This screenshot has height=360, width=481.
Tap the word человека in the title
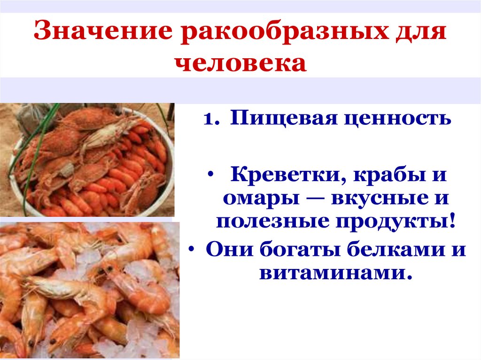coord(242,63)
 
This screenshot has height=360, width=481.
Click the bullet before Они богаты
coord(194,249)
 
